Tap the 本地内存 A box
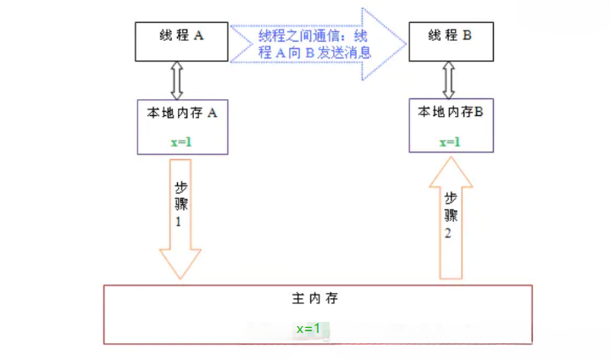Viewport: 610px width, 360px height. (182, 127)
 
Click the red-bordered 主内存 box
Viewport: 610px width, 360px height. (317, 314)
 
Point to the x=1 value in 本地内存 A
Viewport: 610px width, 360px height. (181, 141)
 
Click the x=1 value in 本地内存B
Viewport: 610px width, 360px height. (450, 141)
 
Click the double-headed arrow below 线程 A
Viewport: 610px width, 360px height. (177, 80)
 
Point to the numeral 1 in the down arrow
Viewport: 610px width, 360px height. (179, 222)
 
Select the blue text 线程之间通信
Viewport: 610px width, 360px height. (297, 36)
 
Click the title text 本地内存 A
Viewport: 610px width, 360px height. (182, 112)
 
